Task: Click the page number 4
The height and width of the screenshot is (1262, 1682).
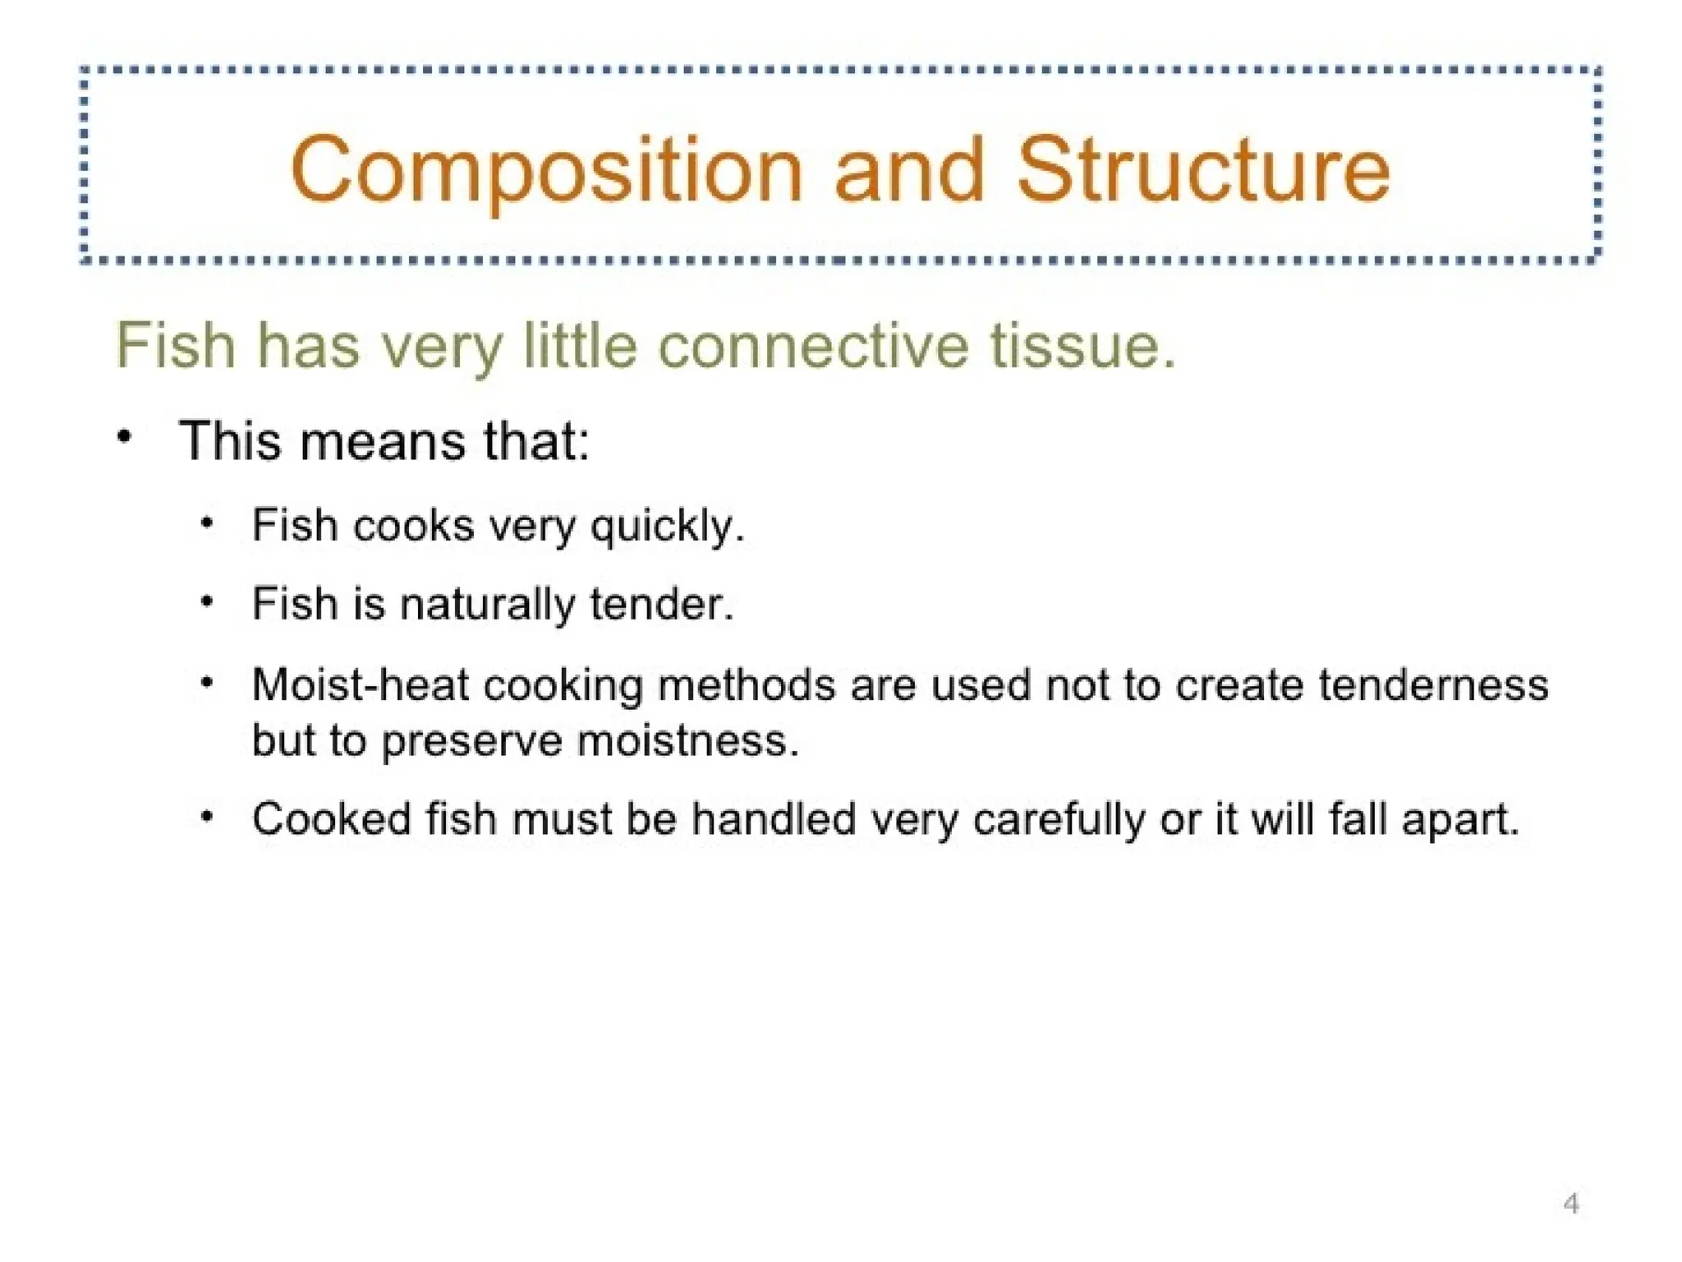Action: point(1571,1204)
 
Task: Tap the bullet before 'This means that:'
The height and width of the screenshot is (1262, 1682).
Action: point(124,436)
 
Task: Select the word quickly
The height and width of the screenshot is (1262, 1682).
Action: point(667,526)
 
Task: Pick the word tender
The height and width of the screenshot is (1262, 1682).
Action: point(661,604)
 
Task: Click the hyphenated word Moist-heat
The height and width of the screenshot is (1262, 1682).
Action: point(360,684)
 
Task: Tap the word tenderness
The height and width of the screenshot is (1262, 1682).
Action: point(1433,684)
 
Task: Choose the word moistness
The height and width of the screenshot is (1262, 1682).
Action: point(688,740)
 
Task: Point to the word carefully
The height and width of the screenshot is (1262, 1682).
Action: point(1059,820)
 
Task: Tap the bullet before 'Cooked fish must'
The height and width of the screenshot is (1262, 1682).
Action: point(208,817)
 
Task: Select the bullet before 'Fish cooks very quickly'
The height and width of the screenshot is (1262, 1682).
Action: point(208,523)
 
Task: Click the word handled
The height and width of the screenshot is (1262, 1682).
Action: point(773,819)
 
